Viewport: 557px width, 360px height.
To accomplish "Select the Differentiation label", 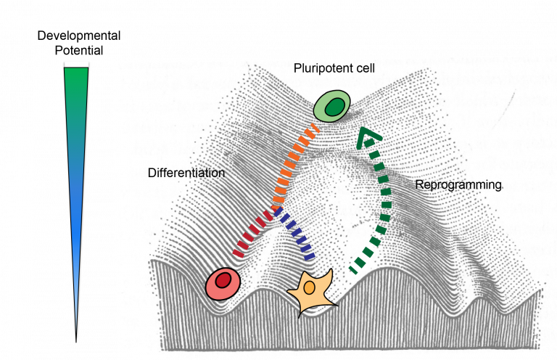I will [x=186, y=173].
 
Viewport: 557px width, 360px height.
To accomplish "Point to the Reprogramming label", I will [x=458, y=185].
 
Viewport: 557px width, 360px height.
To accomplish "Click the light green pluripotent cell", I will [x=333, y=106].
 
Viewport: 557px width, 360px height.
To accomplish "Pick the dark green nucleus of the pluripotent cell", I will [x=334, y=107].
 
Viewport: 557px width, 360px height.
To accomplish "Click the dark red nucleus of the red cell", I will [x=225, y=279].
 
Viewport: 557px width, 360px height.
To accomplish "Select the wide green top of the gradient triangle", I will [x=76, y=73].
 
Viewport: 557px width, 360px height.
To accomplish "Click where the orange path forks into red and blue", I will [x=276, y=211].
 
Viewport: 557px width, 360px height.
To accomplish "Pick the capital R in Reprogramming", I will [x=418, y=185].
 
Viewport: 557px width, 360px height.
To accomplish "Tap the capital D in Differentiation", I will [x=151, y=173].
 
